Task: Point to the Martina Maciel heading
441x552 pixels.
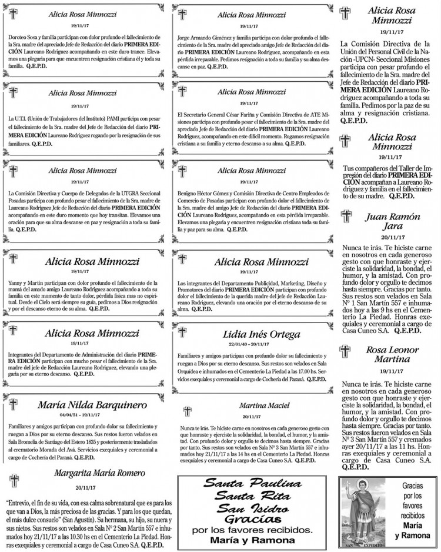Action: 264,405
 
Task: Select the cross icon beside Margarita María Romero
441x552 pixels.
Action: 12,478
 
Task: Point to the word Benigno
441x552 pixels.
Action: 188,192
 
